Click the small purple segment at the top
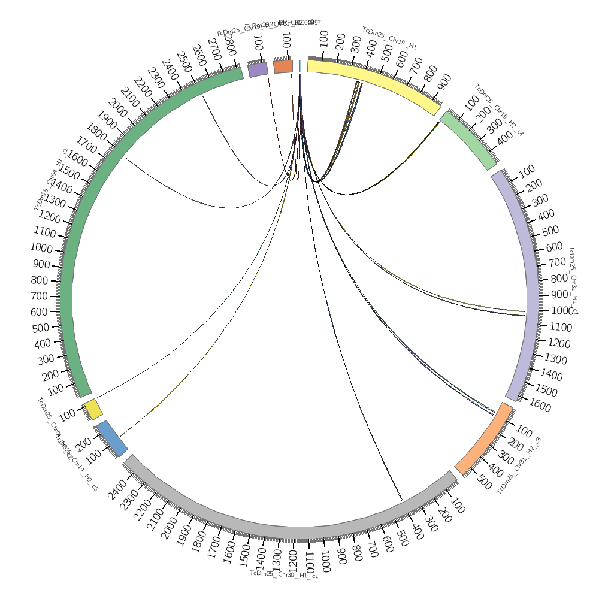click(x=258, y=69)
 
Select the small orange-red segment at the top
click(x=283, y=66)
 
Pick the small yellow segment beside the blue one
click(x=93, y=410)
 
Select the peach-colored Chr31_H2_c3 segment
click(x=485, y=438)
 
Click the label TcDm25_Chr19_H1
click(x=389, y=38)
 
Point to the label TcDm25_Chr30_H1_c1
click(x=284, y=574)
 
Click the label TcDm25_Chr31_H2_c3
click(x=519, y=466)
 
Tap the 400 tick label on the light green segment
click(x=505, y=140)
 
